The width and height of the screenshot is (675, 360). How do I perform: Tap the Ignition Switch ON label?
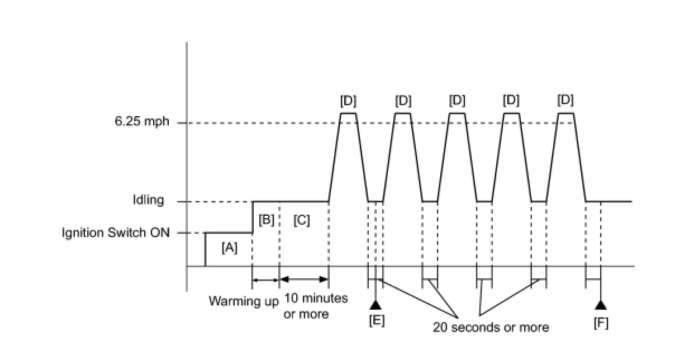point(116,233)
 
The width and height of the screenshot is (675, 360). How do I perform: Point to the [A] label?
point(229,247)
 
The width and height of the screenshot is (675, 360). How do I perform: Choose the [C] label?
point(301,220)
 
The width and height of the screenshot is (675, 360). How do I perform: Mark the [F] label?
point(601,323)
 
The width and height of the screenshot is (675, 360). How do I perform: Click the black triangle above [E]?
point(375,305)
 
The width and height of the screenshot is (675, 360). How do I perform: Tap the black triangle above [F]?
point(601,305)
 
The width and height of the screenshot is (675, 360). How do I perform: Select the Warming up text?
point(244,301)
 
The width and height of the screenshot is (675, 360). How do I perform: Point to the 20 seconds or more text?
point(491,327)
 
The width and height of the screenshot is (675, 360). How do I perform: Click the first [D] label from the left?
point(348,101)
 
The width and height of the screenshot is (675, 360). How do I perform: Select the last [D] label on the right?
point(565,101)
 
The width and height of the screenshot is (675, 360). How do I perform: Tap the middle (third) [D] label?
point(457,101)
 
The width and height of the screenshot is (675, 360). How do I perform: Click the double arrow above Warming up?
point(265,279)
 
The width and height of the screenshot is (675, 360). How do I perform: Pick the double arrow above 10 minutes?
point(303,279)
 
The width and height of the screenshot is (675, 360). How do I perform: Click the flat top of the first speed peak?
point(348,113)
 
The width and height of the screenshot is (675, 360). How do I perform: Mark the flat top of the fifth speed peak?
point(565,113)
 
